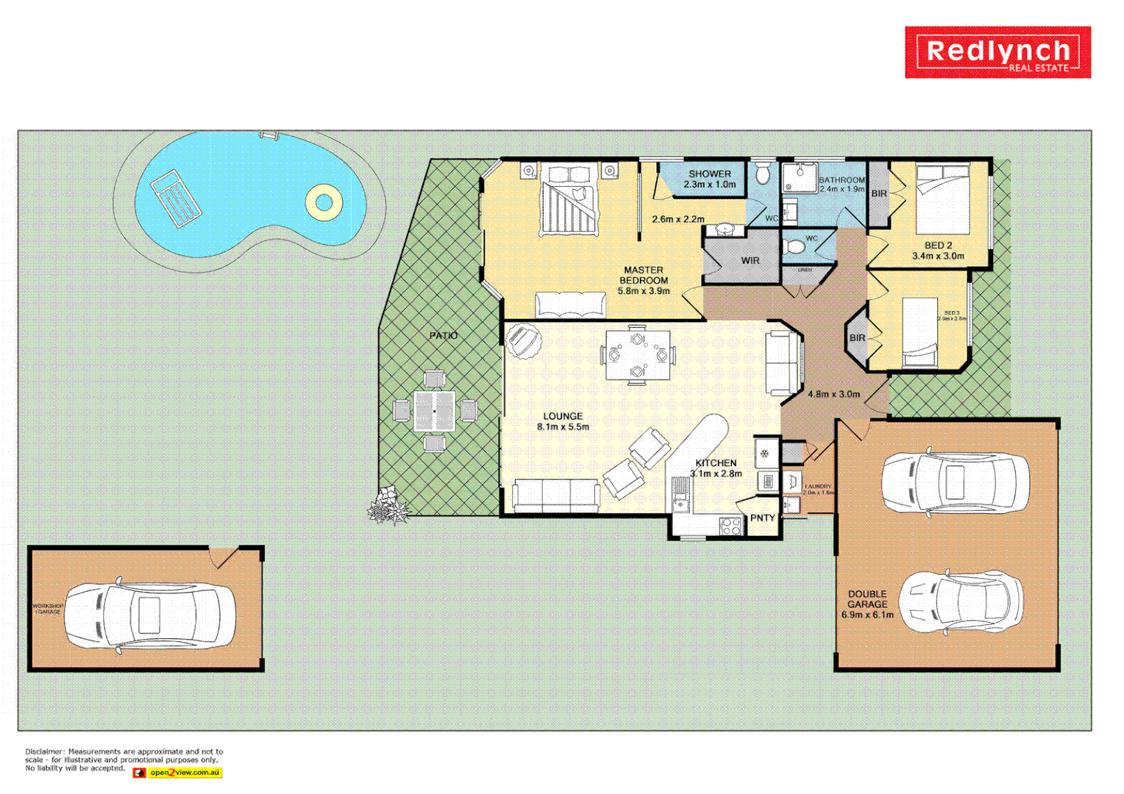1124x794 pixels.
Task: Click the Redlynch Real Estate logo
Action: pyautogui.click(x=997, y=52)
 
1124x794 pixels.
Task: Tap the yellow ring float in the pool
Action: pyautogui.click(x=324, y=201)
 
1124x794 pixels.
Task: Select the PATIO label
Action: pyautogui.click(x=444, y=335)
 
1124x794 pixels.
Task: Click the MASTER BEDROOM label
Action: pyautogui.click(x=644, y=280)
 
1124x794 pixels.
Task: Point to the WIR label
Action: pyautogui.click(x=750, y=260)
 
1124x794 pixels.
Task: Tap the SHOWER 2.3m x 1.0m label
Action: pyautogui.click(x=710, y=179)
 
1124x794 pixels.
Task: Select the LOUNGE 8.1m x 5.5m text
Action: pyautogui.click(x=563, y=421)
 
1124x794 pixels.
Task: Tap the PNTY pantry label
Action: pyautogui.click(x=763, y=518)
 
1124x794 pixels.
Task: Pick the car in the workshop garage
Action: pyautogui.click(x=150, y=615)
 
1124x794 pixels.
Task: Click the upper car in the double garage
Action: pyautogui.click(x=955, y=483)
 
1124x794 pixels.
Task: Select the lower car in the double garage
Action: pyautogui.click(x=961, y=601)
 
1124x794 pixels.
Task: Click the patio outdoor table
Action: pyautogui.click(x=435, y=410)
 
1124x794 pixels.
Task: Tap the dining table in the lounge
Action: pyautogui.click(x=638, y=355)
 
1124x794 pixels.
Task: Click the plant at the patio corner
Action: pyautogui.click(x=388, y=507)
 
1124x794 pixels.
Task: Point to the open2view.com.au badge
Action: pyautogui.click(x=177, y=773)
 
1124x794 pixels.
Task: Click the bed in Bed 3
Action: pyautogui.click(x=920, y=332)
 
